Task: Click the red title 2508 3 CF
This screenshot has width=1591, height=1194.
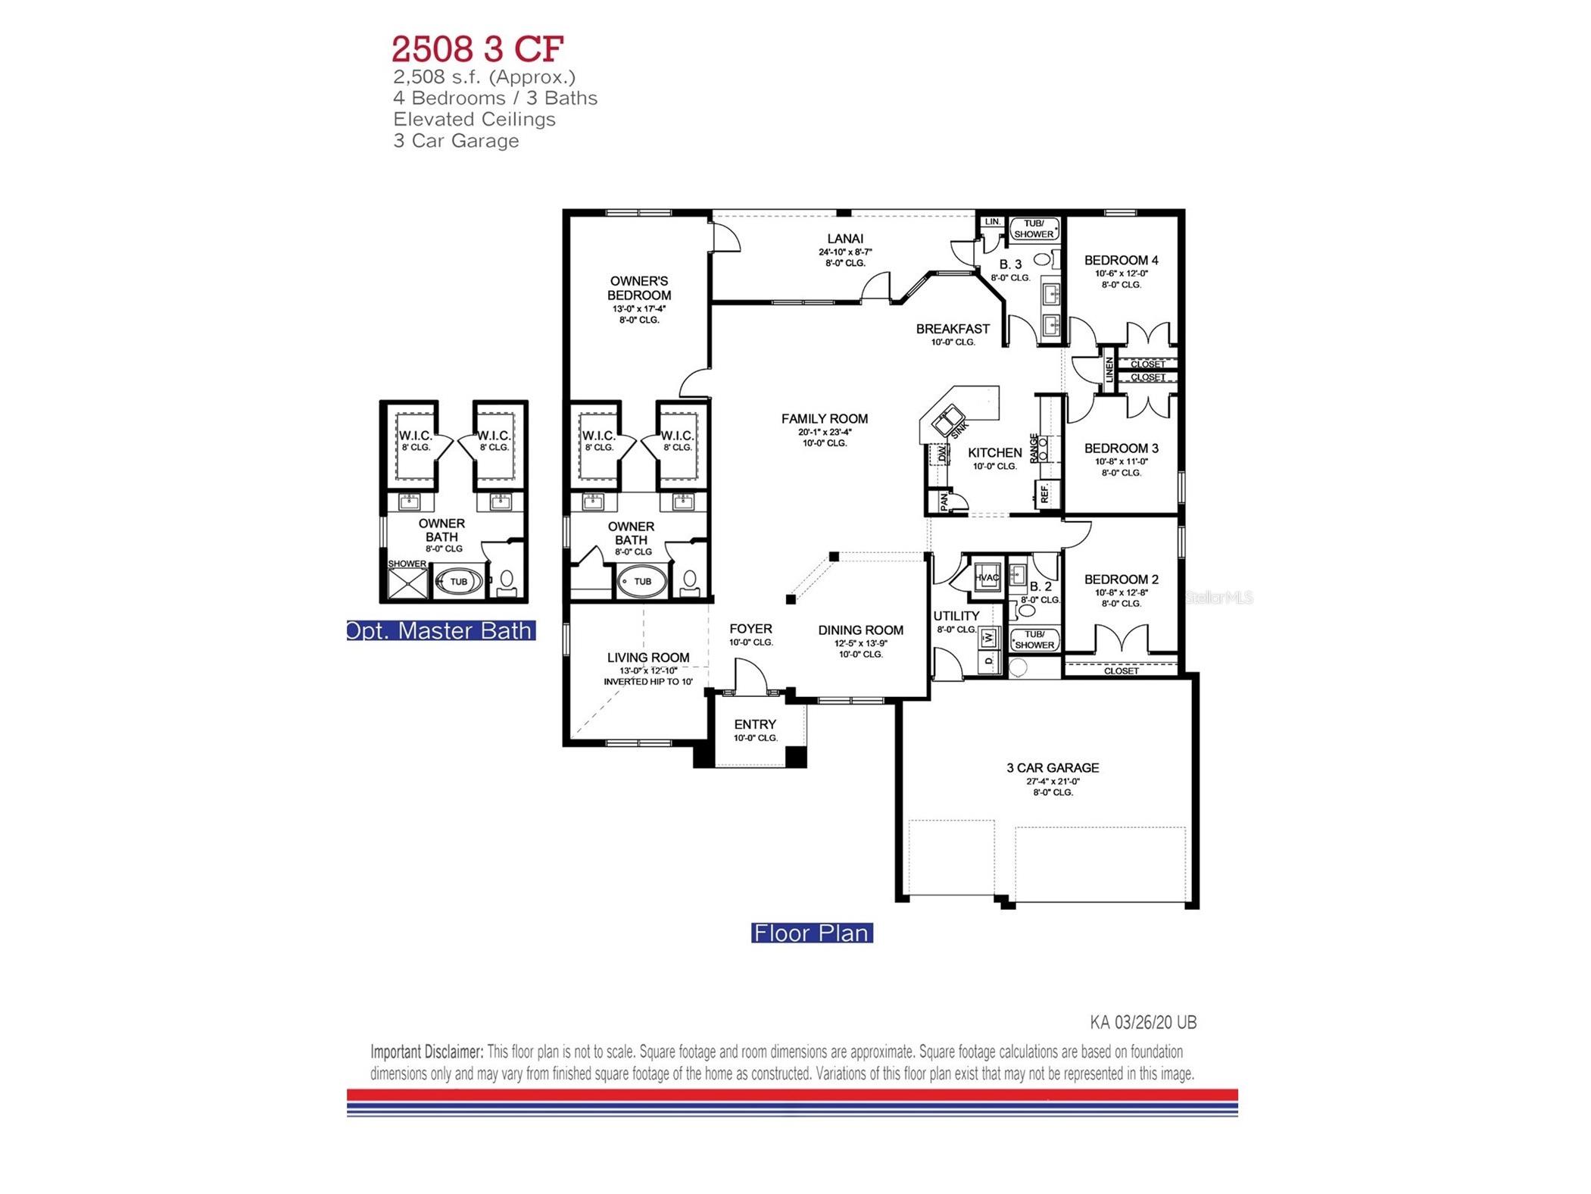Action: [x=477, y=48]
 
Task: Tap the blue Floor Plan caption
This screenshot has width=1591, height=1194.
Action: [x=811, y=933]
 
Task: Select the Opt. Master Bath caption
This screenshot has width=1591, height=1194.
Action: [x=441, y=630]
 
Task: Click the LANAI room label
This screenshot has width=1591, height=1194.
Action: [x=845, y=239]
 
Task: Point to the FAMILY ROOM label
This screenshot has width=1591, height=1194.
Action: [x=824, y=418]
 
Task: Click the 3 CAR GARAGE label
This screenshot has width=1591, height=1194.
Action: [x=1052, y=767]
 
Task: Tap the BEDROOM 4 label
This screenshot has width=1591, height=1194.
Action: [x=1121, y=260]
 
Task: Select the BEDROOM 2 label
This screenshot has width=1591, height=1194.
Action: [x=1121, y=580]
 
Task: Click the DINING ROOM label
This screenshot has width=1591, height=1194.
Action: [x=860, y=630]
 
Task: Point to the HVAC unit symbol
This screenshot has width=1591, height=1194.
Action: [x=987, y=577]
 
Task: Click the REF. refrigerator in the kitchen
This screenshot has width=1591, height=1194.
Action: [x=1044, y=494]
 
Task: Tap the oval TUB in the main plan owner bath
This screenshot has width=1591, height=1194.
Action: [x=642, y=582]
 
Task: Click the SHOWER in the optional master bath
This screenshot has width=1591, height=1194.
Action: [x=407, y=582]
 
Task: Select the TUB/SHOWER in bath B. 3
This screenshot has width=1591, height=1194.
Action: [x=1033, y=229]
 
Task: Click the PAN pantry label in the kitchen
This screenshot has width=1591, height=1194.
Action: [x=944, y=501]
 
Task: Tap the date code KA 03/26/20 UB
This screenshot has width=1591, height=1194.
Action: [x=1143, y=1022]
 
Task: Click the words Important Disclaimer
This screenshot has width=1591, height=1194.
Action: [x=426, y=1052]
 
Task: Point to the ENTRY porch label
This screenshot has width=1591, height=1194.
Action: [x=754, y=724]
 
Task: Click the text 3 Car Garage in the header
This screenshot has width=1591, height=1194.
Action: [x=456, y=141]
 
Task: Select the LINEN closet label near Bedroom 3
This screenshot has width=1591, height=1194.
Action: [x=1109, y=370]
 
